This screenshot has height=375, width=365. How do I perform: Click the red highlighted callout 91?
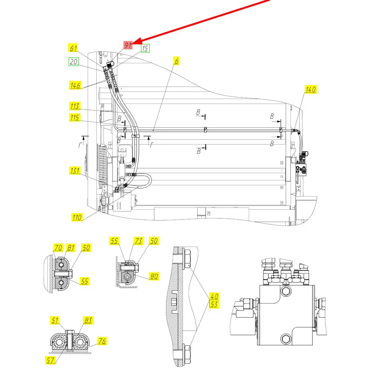pyautogui.click(x=128, y=45)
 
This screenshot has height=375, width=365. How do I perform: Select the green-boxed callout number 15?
pyautogui.click(x=145, y=48)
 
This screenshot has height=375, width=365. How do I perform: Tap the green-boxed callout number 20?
pyautogui.click(x=73, y=62)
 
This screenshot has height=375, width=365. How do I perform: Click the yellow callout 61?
pyautogui.click(x=73, y=48)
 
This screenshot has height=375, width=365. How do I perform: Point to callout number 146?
pyautogui.click(x=75, y=85)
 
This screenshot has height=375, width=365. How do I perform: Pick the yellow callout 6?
pyautogui.click(x=176, y=61)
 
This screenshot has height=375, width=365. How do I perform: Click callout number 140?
pyautogui.click(x=310, y=90)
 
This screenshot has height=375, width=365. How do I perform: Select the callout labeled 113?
pyautogui.click(x=75, y=106)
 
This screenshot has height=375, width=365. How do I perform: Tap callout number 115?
pyautogui.click(x=75, y=117)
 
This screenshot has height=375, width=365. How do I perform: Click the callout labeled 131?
pyautogui.click(x=75, y=171)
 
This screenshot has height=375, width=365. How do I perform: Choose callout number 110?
pyautogui.click(x=77, y=217)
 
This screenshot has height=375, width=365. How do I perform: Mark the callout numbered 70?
pyautogui.click(x=58, y=248)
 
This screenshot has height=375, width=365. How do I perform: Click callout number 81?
pyautogui.click(x=71, y=248)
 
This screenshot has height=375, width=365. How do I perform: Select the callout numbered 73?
pyautogui.click(x=138, y=241)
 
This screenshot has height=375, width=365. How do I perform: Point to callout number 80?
pyautogui.click(x=154, y=276)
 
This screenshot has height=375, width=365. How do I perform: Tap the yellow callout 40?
pyautogui.click(x=214, y=297)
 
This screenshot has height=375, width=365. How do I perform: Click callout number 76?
pyautogui.click(x=102, y=341)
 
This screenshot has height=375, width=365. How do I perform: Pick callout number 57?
pyautogui.click(x=50, y=360)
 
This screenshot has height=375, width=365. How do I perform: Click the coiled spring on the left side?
pyautogui.click(x=103, y=165)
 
